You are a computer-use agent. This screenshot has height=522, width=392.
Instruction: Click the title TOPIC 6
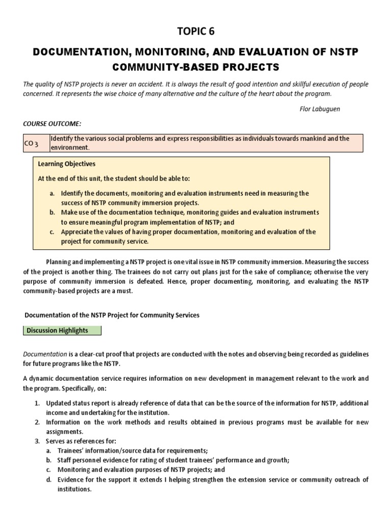[x=195, y=32]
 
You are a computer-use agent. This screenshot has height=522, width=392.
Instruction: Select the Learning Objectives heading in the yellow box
[x=67, y=164]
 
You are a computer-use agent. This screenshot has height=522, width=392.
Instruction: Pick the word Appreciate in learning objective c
[x=77, y=231]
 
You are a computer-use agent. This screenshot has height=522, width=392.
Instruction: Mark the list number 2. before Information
[x=37, y=422]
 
